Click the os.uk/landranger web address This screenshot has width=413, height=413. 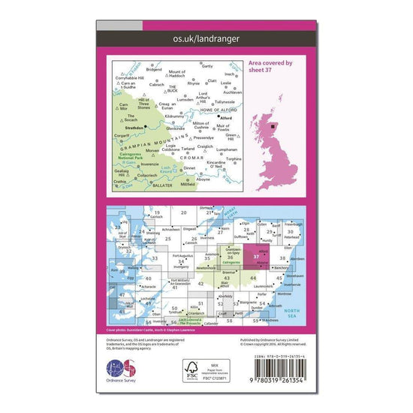[x=206, y=38]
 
